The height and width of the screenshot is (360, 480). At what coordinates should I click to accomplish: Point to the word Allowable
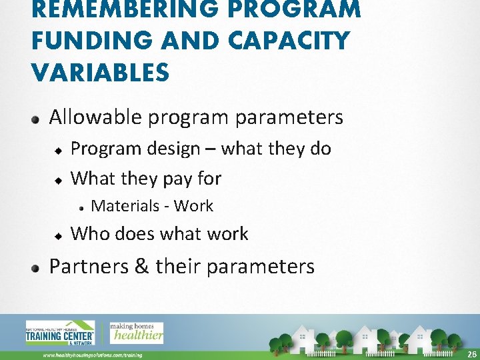point(96,117)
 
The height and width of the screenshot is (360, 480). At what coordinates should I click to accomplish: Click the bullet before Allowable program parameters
point(38,119)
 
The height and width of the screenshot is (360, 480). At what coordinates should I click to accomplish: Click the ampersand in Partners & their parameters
point(141,266)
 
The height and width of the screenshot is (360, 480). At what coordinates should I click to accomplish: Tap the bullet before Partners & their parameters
point(38,268)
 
